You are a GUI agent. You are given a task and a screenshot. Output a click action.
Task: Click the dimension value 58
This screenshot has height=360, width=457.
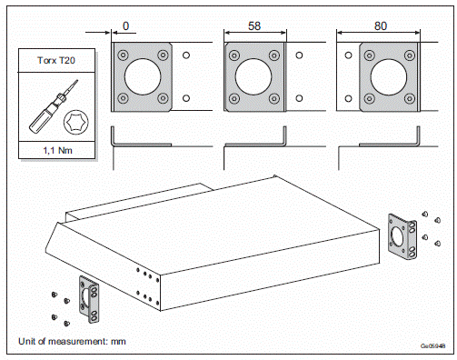[254, 26]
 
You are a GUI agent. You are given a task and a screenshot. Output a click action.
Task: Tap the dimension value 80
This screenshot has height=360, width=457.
[381, 26]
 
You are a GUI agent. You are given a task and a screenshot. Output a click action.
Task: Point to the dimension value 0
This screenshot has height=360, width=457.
[125, 26]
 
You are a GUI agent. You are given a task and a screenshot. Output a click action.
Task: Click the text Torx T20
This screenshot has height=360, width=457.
[56, 60]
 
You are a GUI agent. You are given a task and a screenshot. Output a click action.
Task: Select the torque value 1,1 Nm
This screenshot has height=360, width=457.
[57, 150]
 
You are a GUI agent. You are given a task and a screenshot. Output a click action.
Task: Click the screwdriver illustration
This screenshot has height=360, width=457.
[53, 106]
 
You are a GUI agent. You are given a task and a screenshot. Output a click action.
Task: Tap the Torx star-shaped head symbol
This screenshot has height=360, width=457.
[76, 122]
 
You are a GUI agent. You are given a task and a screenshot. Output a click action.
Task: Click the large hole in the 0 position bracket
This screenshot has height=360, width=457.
[143, 76]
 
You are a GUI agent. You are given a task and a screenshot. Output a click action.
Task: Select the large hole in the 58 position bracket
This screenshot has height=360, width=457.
[253, 76]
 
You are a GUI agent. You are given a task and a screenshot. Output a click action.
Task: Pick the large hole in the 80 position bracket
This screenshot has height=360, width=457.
[389, 77]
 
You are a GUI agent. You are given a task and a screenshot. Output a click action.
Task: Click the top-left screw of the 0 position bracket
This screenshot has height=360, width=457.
[123, 55]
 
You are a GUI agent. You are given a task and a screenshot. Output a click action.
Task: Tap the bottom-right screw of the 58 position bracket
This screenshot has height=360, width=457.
[274, 98]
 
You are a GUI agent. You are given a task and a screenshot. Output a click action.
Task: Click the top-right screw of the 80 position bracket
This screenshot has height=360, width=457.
[410, 55]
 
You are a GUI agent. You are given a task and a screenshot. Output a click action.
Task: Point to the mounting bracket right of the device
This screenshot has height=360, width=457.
[402, 236]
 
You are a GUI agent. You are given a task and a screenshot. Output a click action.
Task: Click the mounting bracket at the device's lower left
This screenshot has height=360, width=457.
[89, 299]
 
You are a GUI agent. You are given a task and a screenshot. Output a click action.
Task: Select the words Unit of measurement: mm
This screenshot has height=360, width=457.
[72, 342]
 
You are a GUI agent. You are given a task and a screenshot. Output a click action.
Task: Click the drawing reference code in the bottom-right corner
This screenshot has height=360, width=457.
[433, 346]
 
